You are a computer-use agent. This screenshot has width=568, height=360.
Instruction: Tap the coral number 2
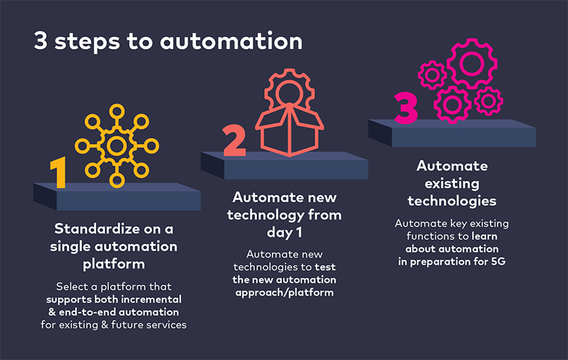[235, 141]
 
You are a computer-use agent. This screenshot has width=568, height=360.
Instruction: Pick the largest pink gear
[471, 63]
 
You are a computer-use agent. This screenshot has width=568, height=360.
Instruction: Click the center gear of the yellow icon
[116, 146]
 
